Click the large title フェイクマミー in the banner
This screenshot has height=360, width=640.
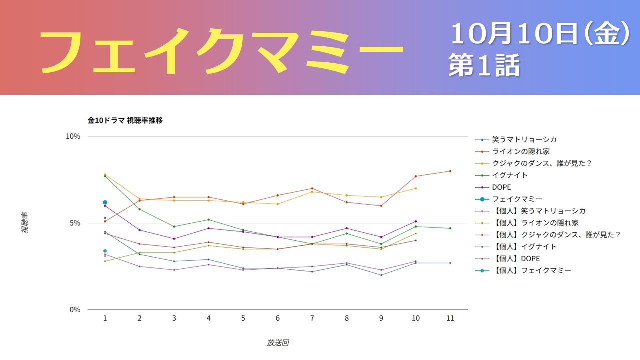221,52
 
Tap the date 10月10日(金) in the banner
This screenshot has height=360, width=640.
540,34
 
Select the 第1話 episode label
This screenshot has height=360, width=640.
484,65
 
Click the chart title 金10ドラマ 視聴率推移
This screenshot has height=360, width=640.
125,120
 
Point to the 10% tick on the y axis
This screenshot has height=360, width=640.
73,136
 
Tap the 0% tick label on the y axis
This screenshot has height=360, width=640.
75,310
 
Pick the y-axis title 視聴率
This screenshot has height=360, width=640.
24,223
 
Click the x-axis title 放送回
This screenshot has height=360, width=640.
278,343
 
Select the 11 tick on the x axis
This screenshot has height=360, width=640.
450,318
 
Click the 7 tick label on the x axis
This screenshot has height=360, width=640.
312,318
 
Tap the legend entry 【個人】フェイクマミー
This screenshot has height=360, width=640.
531,270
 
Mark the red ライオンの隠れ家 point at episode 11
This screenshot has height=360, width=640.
450,171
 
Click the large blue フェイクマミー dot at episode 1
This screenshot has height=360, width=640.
105,202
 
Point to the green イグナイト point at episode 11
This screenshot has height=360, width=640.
450,228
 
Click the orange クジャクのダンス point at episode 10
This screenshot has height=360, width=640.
415,188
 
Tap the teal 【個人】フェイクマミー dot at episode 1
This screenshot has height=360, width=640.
105,251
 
